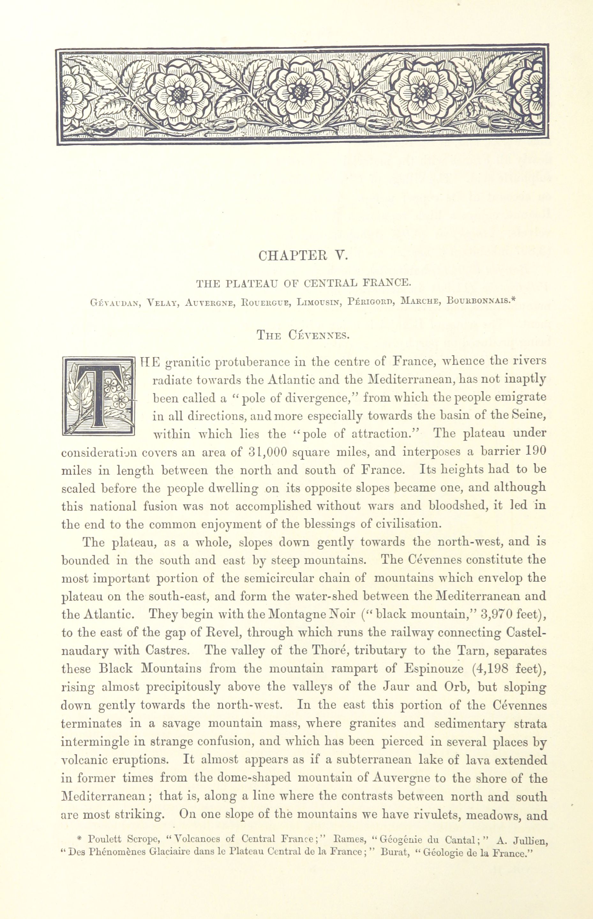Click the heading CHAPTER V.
tap(303, 256)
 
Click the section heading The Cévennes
tap(303, 335)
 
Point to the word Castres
tap(168, 651)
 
